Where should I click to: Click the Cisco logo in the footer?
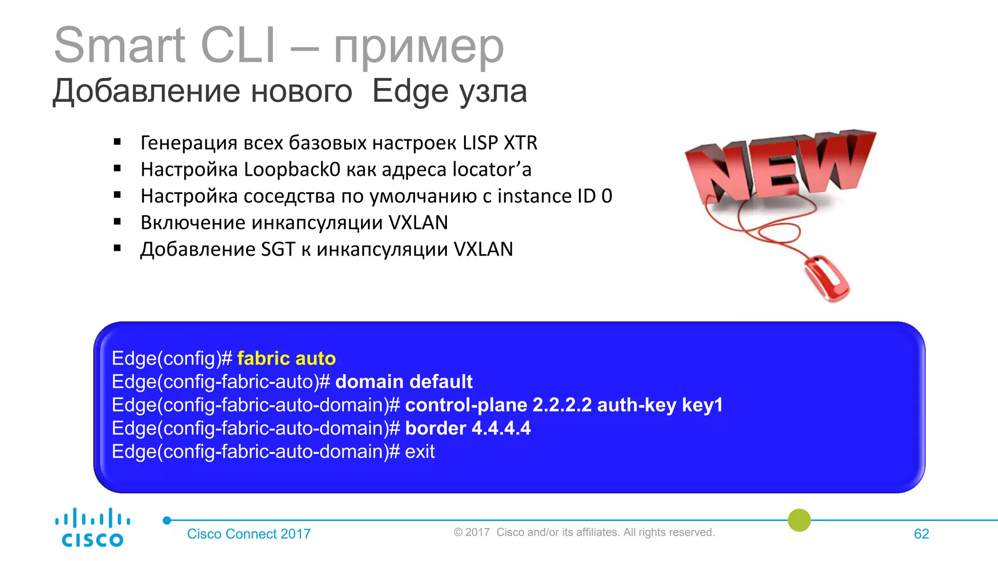tap(93, 528)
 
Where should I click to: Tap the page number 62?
tap(921, 534)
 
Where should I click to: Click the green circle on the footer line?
tap(799, 520)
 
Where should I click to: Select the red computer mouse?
tap(827, 277)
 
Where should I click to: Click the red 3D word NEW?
tap(780, 166)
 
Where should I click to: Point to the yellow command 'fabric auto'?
tap(287, 358)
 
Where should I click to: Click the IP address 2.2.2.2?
tap(562, 405)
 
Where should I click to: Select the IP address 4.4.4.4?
tap(501, 429)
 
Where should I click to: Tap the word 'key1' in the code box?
tap(702, 405)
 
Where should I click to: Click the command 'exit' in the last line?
tap(420, 452)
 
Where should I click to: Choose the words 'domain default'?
tap(404, 382)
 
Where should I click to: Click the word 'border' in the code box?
tap(436, 429)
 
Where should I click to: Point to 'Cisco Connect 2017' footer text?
tap(249, 534)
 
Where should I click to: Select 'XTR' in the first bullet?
tap(520, 143)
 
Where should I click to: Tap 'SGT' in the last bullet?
tap(278, 249)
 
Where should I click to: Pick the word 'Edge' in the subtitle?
tap(410, 92)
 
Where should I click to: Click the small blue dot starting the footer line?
tap(167, 521)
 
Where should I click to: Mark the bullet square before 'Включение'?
tap(117, 222)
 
